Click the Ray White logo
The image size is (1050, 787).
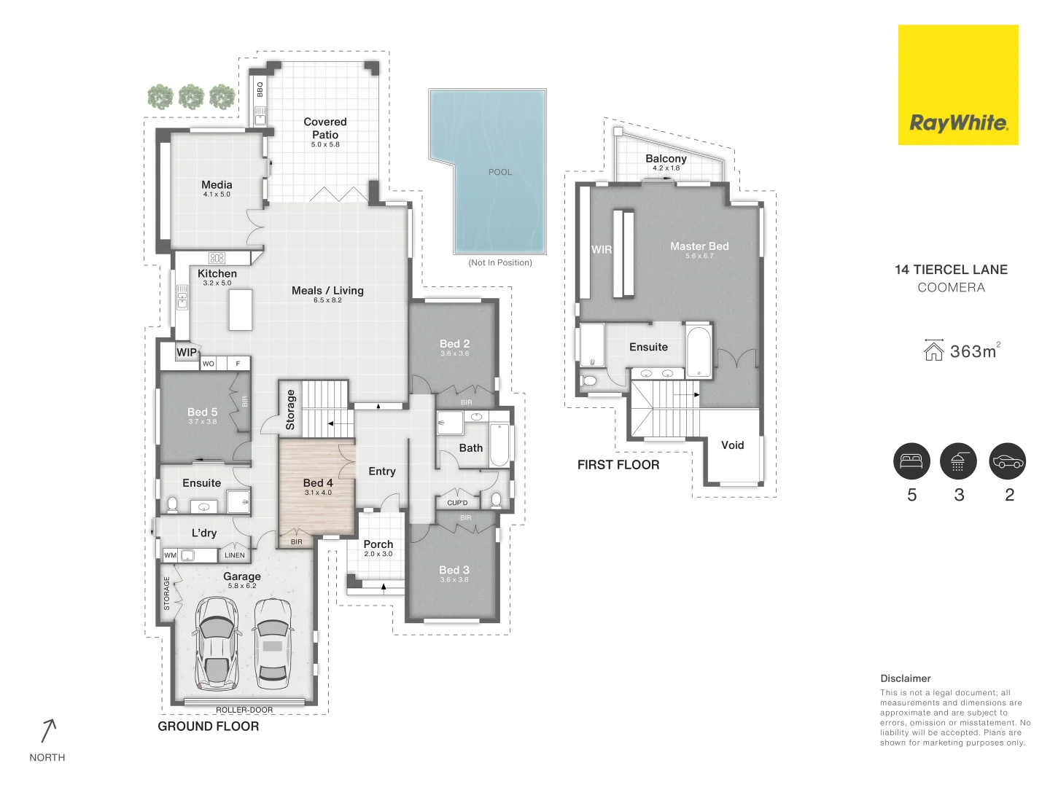(x=957, y=85)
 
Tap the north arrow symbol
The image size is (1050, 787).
(x=48, y=731)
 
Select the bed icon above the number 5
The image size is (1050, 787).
(x=911, y=461)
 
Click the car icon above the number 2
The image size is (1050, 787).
(x=1008, y=461)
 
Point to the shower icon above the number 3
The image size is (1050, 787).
(x=958, y=461)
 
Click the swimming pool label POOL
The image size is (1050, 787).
(x=500, y=172)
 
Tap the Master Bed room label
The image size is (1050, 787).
(x=699, y=246)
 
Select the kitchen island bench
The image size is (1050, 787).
(x=241, y=310)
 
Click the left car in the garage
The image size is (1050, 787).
(x=217, y=643)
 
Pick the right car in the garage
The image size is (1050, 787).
(x=273, y=643)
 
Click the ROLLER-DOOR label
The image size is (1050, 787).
(x=244, y=710)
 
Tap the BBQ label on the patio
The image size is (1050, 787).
(x=260, y=89)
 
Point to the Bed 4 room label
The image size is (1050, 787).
(x=318, y=483)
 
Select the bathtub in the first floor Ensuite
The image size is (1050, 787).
(x=698, y=351)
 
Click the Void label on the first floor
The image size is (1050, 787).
(x=733, y=445)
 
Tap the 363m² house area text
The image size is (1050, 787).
(x=973, y=351)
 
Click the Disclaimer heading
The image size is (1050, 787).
(x=906, y=678)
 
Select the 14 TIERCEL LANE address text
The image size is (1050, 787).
(x=951, y=270)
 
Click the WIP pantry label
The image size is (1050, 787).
(x=187, y=352)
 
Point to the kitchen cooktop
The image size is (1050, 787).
(x=217, y=258)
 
